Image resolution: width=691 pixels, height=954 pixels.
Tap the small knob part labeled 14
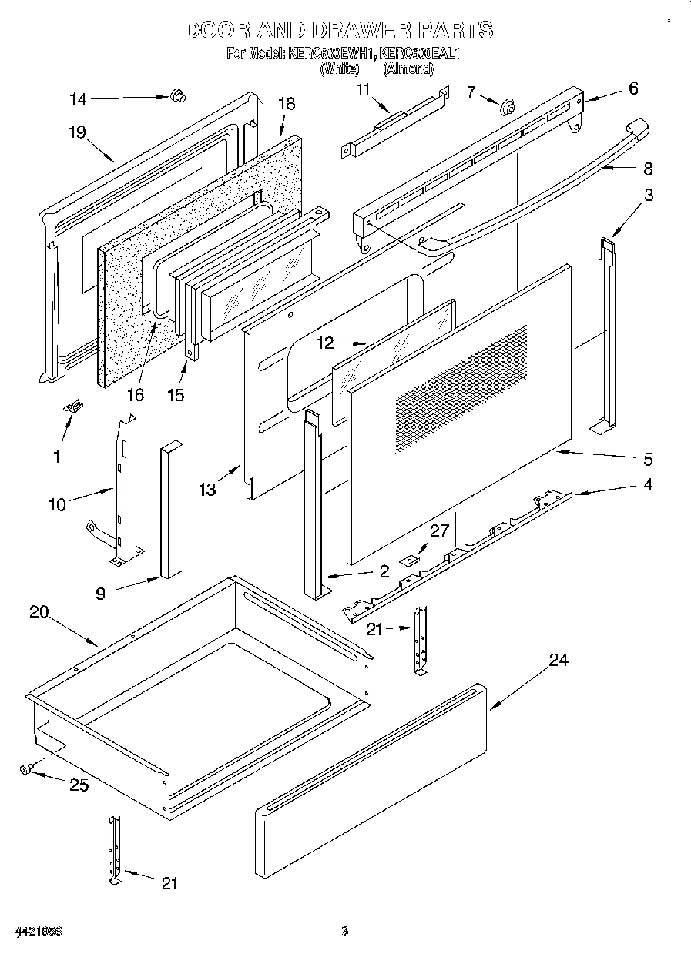(179, 95)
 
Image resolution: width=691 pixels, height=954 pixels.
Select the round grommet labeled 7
(508, 106)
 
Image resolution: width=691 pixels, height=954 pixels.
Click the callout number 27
(438, 531)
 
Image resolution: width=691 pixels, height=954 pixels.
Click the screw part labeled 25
(26, 768)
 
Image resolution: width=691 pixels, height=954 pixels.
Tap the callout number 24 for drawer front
(559, 661)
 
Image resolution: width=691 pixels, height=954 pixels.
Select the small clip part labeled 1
(75, 406)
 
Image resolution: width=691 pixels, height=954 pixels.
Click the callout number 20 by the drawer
(39, 612)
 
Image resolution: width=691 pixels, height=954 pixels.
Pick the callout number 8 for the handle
(648, 169)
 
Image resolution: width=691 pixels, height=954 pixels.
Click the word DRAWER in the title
(360, 31)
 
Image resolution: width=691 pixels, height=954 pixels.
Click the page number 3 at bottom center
(345, 932)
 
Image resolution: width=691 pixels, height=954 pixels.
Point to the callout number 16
(136, 395)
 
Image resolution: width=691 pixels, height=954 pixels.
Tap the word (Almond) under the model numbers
(408, 68)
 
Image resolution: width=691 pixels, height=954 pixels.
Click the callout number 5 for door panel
(648, 459)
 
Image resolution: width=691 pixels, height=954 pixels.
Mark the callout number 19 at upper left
(75, 131)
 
